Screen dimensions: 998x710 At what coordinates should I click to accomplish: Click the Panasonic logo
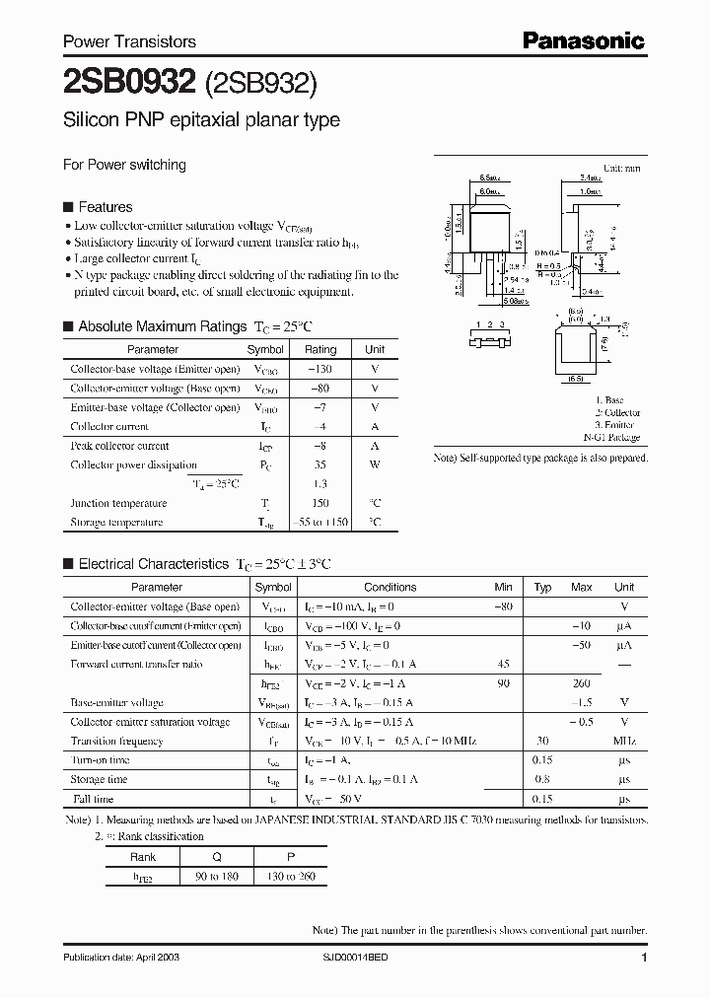pyautogui.click(x=583, y=40)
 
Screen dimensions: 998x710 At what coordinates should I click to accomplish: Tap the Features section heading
pyautogui.click(x=105, y=207)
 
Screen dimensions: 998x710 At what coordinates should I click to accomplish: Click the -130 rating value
pyautogui.click(x=319, y=369)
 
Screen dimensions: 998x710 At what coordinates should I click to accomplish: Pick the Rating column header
pyautogui.click(x=319, y=349)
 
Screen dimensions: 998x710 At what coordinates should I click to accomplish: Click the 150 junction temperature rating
pyautogui.click(x=319, y=503)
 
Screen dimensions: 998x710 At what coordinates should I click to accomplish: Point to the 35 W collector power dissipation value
pyautogui.click(x=319, y=464)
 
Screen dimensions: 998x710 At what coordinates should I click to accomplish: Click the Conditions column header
pyautogui.click(x=390, y=587)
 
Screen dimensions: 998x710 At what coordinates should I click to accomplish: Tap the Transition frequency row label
pyautogui.click(x=116, y=742)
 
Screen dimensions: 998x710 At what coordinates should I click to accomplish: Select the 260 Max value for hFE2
pyautogui.click(x=581, y=683)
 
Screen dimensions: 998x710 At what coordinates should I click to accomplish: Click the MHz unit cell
pyautogui.click(x=623, y=742)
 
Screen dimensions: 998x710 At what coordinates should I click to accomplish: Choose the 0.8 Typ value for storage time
pyautogui.click(x=541, y=780)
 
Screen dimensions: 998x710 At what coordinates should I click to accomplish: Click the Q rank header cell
pyautogui.click(x=202, y=856)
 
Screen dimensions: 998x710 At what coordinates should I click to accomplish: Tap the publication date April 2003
pyautogui.click(x=121, y=958)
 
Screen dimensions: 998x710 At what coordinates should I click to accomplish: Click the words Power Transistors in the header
pyautogui.click(x=129, y=41)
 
